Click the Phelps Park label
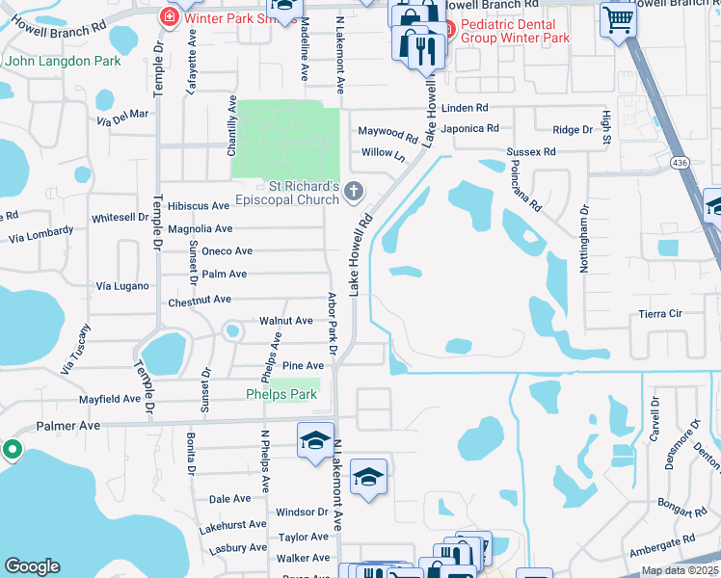coord(281,394)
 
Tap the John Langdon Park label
coord(63,61)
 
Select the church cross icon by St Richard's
coord(354,193)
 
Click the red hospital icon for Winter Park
coord(168,16)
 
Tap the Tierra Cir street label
coord(660,314)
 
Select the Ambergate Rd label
coord(661,542)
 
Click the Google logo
coord(32,566)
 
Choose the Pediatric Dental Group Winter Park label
coord(515,31)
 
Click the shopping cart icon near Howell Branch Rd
coord(617,19)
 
